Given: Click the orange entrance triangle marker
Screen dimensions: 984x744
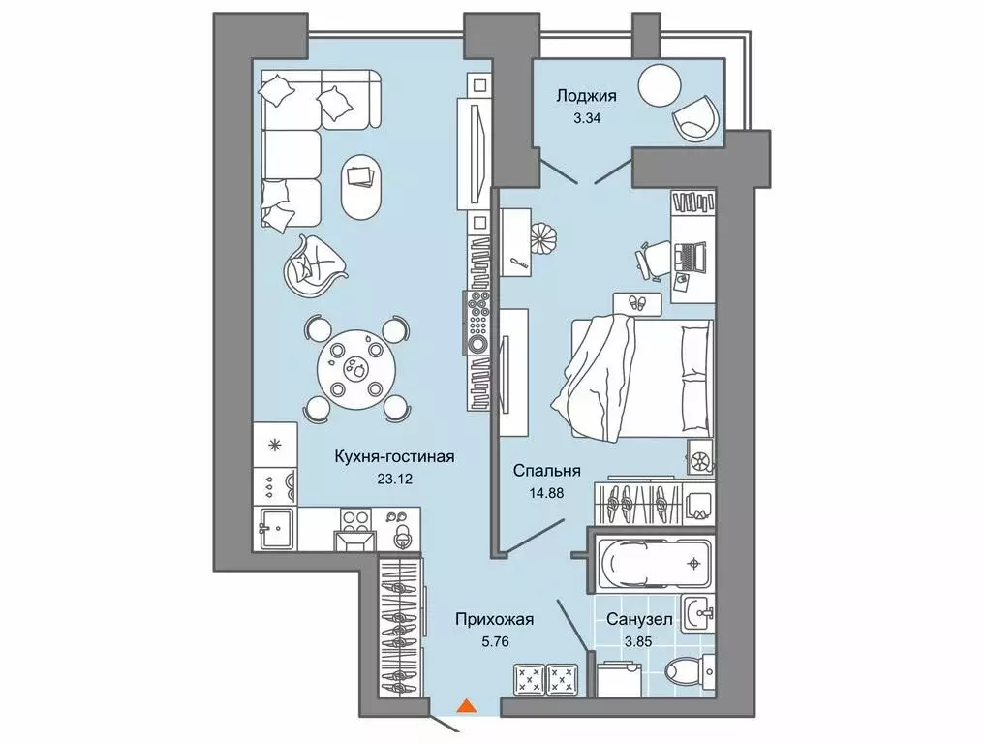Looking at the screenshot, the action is coord(466,705).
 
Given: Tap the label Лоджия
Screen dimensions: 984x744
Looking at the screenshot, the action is coord(586,96).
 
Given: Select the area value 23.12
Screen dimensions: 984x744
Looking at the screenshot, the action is coord(395,480).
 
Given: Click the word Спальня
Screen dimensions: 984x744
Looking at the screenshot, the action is coord(546,470).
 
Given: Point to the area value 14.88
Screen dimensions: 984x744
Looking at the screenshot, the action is coord(546,493).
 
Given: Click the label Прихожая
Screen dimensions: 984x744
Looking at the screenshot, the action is coord(495,620).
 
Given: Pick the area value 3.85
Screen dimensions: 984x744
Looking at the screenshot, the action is coord(637,642).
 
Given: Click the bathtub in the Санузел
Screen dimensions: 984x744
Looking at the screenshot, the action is coord(655,563).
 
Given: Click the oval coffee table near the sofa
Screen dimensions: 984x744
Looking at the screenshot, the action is coord(359,186).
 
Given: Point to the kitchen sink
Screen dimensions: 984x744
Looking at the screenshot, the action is coord(275,529).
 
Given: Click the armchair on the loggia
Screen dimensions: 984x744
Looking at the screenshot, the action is coord(695,117).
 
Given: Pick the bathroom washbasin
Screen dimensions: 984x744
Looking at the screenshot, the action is coord(698,613).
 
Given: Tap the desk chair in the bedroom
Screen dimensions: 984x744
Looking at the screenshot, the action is coord(651,258).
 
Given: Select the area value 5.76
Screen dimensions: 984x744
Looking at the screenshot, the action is coord(495,642).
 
